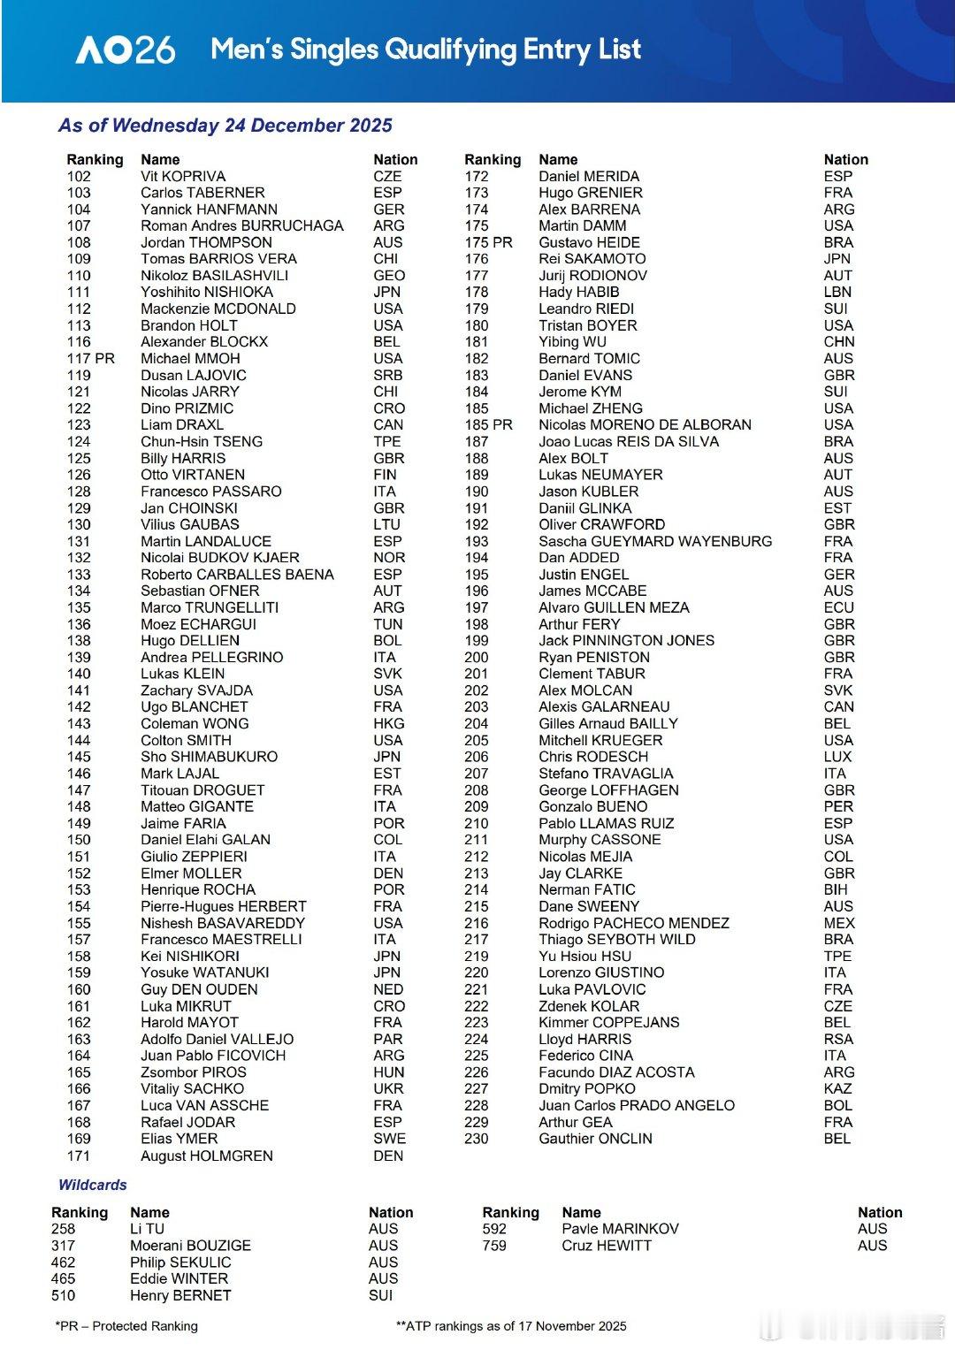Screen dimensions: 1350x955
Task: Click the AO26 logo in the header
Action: pyautogui.click(x=125, y=50)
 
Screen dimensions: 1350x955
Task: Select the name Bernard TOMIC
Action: pyautogui.click(x=589, y=358)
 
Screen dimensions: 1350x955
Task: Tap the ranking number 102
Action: pyautogui.click(x=79, y=176)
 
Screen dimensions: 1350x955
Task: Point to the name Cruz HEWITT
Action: pyautogui.click(x=606, y=1245)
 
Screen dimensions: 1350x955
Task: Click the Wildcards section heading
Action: pyautogui.click(x=92, y=1185)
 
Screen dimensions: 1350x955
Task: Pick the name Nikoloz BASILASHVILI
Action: pyautogui.click(x=214, y=275)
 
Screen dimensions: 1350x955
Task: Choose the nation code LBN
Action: pyautogui.click(x=837, y=292)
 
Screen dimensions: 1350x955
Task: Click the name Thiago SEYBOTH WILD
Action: pyautogui.click(x=616, y=939)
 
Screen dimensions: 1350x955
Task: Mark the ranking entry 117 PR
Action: pyautogui.click(x=90, y=358)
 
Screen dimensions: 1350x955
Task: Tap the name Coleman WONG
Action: pyautogui.click(x=195, y=723)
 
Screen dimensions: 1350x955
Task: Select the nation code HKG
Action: pyautogui.click(x=388, y=723)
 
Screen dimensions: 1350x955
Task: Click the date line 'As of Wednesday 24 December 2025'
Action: pyautogui.click(x=225, y=126)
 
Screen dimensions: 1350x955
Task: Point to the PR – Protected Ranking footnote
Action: pyautogui.click(x=126, y=1325)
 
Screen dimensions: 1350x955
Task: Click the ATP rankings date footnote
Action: pyautogui.click(x=511, y=1325)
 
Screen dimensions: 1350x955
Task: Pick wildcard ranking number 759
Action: pyautogui.click(x=494, y=1245)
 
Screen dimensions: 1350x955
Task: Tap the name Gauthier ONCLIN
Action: pyautogui.click(x=595, y=1138)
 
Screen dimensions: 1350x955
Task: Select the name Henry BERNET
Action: pyautogui.click(x=180, y=1295)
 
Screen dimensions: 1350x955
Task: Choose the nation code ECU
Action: pyautogui.click(x=838, y=607)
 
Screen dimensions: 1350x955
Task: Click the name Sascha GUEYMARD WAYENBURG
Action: pyautogui.click(x=654, y=541)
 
